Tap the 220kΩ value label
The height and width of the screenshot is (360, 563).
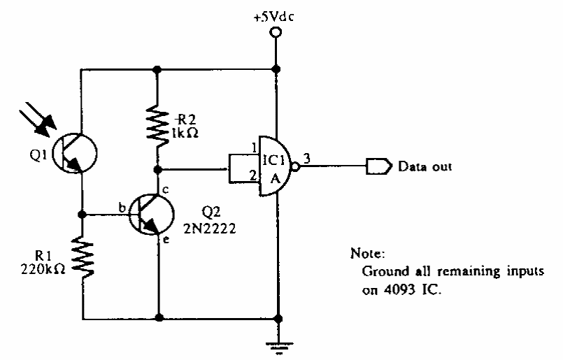[43, 266]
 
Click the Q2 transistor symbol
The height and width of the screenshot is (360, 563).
[150, 213]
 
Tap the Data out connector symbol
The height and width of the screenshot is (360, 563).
[377, 167]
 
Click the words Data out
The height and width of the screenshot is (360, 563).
[424, 167]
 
